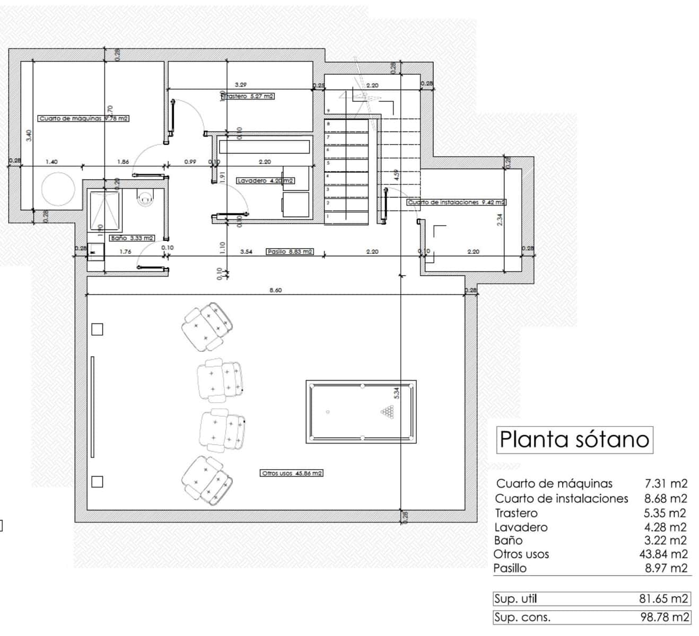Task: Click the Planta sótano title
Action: (x=574, y=439)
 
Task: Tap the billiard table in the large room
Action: (x=361, y=412)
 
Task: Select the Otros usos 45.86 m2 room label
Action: (x=292, y=473)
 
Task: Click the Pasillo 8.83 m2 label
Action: (x=290, y=252)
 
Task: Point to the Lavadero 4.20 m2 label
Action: (x=265, y=181)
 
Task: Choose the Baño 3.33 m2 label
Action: (x=132, y=238)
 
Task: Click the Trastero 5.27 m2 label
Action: (x=248, y=96)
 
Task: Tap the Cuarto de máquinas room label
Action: (x=83, y=119)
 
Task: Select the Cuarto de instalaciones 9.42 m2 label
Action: (x=456, y=202)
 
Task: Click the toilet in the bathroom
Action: (x=144, y=198)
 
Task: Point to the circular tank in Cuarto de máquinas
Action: (x=58, y=189)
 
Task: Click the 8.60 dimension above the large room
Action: (x=275, y=290)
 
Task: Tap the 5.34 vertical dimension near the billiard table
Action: (x=396, y=393)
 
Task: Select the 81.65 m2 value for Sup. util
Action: (x=663, y=599)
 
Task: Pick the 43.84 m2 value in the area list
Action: (x=663, y=554)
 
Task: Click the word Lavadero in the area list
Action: (x=521, y=527)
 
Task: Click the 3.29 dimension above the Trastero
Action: (x=240, y=84)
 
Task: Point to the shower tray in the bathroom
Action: (x=105, y=205)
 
